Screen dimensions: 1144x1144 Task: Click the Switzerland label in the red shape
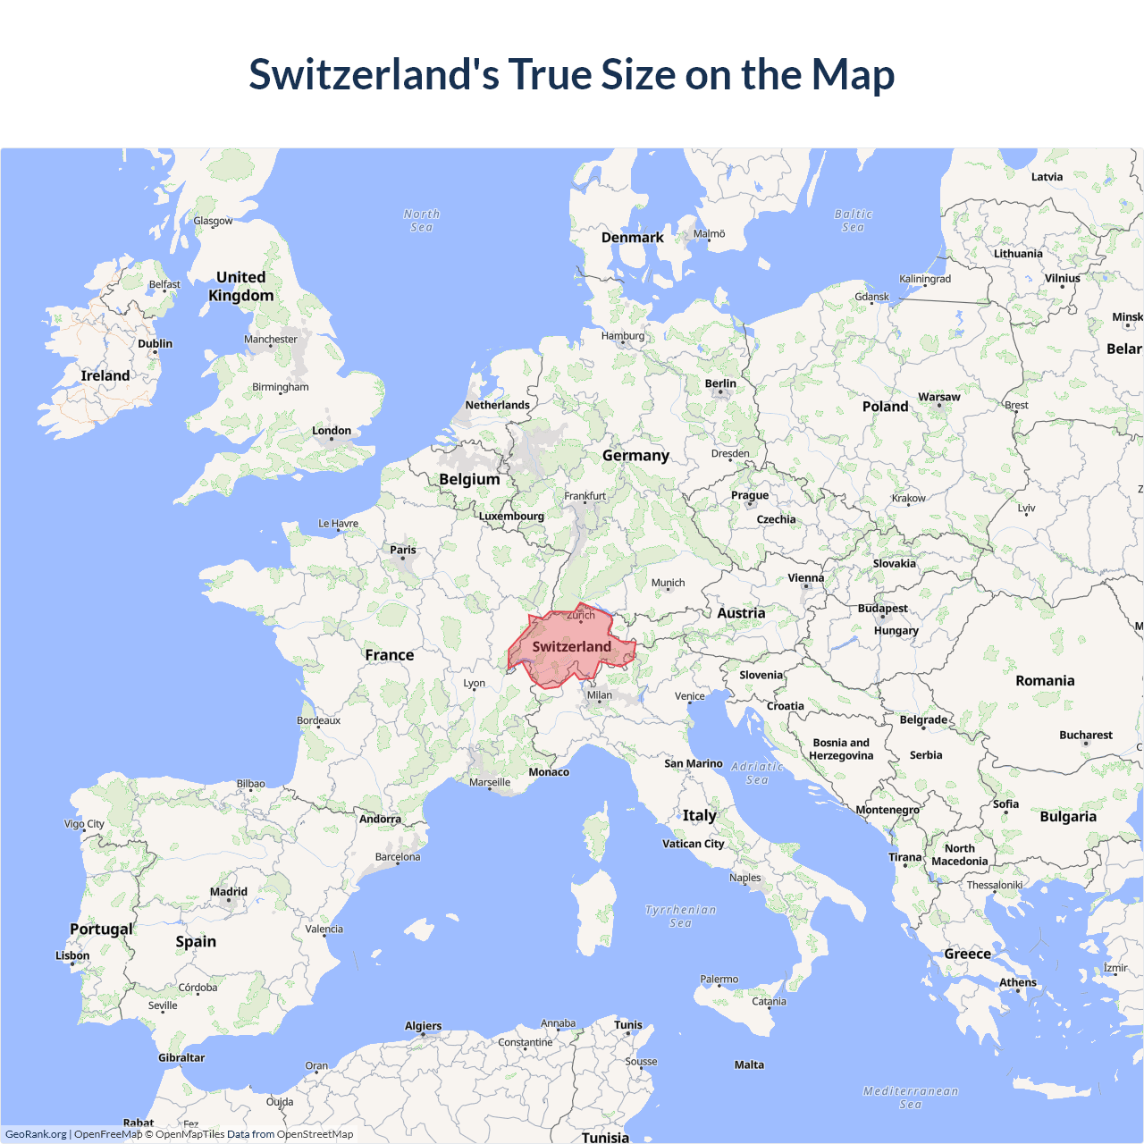572,646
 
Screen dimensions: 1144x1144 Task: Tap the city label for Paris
403,550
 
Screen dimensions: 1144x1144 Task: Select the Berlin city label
720,383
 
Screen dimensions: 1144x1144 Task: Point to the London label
332,431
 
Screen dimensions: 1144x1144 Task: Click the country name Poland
885,407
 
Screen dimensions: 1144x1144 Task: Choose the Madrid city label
229,892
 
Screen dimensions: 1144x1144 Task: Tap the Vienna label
806,578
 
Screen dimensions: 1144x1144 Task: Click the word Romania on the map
1045,681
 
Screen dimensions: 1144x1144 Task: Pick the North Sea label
422,221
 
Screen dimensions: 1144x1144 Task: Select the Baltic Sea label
854,221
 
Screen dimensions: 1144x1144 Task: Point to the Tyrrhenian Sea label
681,916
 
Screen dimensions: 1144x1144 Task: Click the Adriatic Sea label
757,773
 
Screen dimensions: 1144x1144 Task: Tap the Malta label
749,1064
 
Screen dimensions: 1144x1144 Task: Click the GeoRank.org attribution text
36,1134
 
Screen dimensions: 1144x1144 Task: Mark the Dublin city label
155,344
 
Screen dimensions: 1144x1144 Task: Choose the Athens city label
1018,982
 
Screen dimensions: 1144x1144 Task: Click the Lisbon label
72,955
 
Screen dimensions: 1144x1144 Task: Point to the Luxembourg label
511,516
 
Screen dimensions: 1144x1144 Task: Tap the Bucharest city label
1086,735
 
